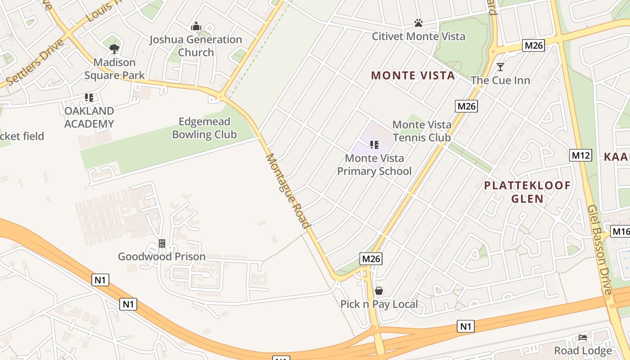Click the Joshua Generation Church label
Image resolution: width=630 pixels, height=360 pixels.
point(196,46)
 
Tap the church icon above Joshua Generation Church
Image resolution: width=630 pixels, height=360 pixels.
point(196,27)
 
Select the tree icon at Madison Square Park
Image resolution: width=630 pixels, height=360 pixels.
point(114,49)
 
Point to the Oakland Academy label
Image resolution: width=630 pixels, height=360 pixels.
point(89,117)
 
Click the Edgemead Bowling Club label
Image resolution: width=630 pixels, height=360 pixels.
point(204,128)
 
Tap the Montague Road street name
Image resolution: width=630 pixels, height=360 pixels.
point(288,191)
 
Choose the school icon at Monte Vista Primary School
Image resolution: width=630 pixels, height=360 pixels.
point(374,144)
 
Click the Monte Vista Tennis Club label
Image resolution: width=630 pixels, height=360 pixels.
point(422,131)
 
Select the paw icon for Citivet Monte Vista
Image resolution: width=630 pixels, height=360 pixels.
point(418,22)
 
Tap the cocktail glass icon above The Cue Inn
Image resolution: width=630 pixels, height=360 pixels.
point(500,67)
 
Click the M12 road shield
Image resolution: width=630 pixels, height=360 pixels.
point(580,155)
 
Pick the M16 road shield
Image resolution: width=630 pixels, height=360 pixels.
point(621,232)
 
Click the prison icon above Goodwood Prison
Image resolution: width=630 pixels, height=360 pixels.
point(162,243)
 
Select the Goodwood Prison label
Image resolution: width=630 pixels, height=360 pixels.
point(162,256)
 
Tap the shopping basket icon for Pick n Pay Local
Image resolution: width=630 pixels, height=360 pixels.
point(379,291)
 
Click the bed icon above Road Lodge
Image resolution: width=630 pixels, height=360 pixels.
point(583,337)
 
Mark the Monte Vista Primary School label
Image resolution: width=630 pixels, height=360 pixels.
point(374,165)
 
